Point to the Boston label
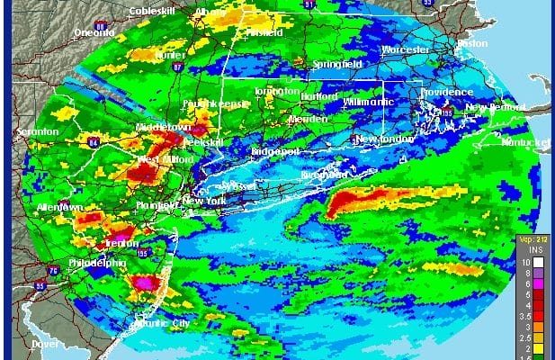(x=472, y=42)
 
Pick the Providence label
(x=447, y=93)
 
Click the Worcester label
(x=406, y=49)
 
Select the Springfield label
(x=338, y=65)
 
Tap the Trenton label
(x=120, y=243)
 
